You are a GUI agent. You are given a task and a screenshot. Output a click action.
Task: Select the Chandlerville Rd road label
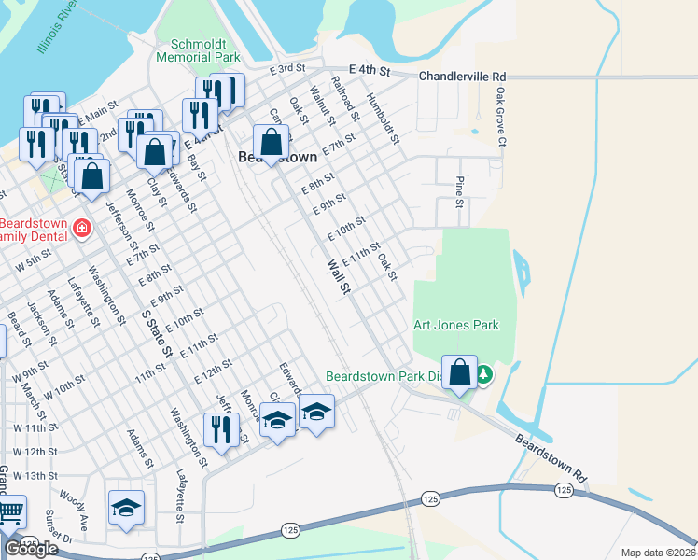462,76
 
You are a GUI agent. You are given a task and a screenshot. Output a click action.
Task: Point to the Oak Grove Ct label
501,118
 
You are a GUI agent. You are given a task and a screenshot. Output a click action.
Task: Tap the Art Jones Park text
456,325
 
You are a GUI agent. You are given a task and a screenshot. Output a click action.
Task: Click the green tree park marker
483,375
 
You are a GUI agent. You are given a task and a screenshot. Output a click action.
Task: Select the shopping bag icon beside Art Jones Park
459,371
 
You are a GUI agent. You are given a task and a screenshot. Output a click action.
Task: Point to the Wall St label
337,277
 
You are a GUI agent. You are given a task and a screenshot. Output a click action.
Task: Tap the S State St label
158,333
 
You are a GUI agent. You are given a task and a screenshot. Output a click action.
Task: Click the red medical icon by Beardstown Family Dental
82,228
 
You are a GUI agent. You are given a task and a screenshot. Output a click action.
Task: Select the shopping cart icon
9,511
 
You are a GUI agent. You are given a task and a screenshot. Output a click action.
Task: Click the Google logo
31,549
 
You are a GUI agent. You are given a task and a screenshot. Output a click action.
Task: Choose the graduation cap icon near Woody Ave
126,507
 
